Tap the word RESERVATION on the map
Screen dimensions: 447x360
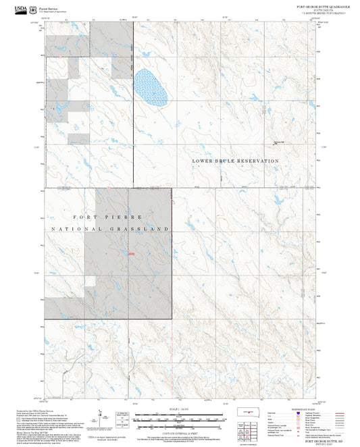[x=255, y=161]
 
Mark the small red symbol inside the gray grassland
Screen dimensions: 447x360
[x=131, y=254]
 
